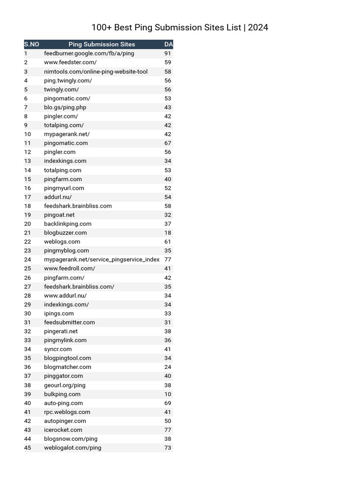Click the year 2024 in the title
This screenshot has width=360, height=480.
(x=258, y=28)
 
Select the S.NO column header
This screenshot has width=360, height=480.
(x=31, y=45)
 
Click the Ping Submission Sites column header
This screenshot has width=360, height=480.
(x=102, y=45)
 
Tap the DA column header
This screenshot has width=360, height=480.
(x=169, y=45)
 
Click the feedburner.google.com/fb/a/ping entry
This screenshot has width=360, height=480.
(x=89, y=53)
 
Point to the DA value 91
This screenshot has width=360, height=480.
(x=168, y=53)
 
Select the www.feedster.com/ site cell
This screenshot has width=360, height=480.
(x=70, y=62)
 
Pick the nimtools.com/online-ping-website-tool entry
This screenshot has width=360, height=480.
(x=96, y=72)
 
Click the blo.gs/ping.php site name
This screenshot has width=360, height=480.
(x=65, y=107)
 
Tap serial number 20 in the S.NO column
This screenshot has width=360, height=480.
(x=28, y=224)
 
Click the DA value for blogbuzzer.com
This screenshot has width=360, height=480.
(x=168, y=232)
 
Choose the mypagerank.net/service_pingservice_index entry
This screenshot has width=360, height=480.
(x=102, y=259)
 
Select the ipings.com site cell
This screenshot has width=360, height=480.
(x=59, y=313)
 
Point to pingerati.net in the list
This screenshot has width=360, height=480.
(x=61, y=331)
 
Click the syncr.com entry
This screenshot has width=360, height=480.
(x=58, y=349)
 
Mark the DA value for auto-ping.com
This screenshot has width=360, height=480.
(x=168, y=403)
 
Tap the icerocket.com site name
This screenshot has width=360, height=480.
(x=63, y=429)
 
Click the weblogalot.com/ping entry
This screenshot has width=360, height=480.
(x=73, y=447)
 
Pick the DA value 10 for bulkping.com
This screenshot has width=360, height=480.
(x=168, y=394)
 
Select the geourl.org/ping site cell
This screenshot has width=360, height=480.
(x=65, y=385)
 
